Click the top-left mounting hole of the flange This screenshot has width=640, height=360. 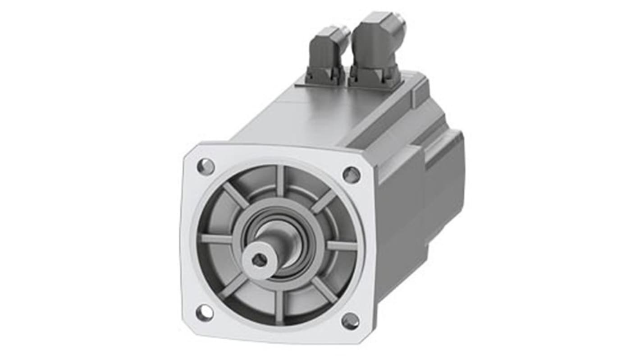pos(206,166)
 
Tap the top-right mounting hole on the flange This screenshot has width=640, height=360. pos(351,175)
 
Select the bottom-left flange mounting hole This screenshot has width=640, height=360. pos(205,312)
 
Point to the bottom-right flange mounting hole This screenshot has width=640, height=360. pos(350,321)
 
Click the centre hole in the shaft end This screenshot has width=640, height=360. pos(259,259)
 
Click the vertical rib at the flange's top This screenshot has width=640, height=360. pos(280,180)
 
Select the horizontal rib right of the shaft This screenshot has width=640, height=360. pos(341,246)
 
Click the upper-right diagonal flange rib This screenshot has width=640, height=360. pos(324,201)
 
